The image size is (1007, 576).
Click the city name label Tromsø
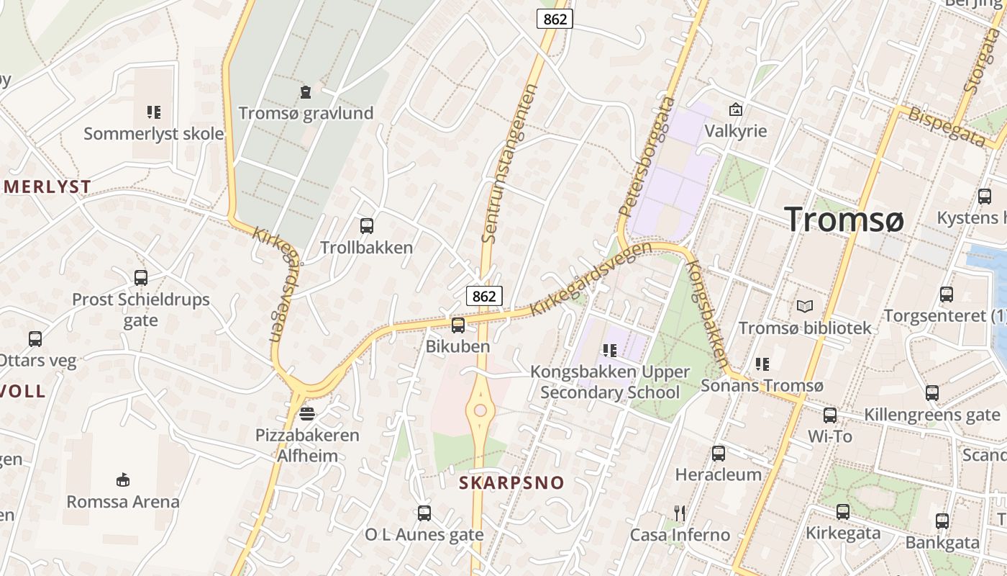(x=844, y=218)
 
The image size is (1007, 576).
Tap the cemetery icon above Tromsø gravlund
(x=306, y=92)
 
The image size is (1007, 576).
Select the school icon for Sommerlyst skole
(x=153, y=112)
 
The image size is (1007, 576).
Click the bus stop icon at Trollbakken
(x=366, y=225)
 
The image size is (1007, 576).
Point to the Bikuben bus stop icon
(x=457, y=325)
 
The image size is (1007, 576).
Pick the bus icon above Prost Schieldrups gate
(x=141, y=277)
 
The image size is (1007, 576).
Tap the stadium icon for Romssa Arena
(x=123, y=480)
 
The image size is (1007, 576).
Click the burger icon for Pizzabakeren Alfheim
(x=307, y=413)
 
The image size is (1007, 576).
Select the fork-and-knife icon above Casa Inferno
(x=680, y=513)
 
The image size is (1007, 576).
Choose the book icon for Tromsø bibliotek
(x=805, y=306)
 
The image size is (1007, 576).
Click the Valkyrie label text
(x=735, y=131)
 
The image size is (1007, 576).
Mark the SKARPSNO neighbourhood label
(x=512, y=482)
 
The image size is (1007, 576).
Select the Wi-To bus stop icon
(x=830, y=415)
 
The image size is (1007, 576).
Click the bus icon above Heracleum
(x=718, y=453)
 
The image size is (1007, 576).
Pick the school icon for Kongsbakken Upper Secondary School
(x=610, y=351)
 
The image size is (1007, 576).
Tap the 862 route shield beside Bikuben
(x=484, y=296)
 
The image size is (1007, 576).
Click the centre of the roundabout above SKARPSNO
(x=480, y=411)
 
